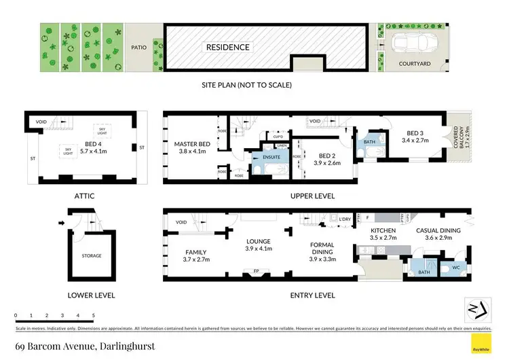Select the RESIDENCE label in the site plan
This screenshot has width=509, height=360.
pos(229,48)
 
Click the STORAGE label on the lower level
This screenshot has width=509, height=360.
pos(92,256)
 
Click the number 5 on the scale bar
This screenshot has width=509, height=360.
pos(93,316)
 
